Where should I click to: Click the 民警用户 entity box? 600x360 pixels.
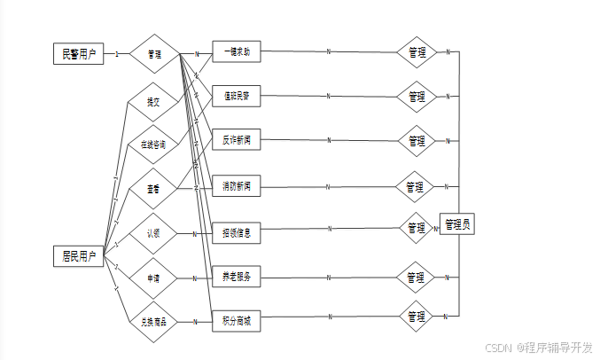(x=79, y=53)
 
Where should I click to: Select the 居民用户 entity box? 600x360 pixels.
(x=79, y=256)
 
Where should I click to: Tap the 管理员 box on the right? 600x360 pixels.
(x=457, y=224)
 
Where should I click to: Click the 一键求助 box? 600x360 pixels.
(x=237, y=51)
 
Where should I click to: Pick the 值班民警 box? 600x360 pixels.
(x=237, y=95)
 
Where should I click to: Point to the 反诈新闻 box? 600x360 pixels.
(x=237, y=139)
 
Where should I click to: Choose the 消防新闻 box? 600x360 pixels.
(x=237, y=186)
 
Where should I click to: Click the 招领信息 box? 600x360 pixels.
(x=237, y=234)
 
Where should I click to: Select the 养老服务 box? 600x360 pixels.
(x=237, y=278)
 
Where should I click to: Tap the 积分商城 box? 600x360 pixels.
(x=237, y=321)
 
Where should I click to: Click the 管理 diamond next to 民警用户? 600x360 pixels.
(x=154, y=54)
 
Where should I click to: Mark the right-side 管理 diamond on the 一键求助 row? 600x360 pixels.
(x=416, y=52)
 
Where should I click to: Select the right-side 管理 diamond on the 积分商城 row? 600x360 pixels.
(x=416, y=316)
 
